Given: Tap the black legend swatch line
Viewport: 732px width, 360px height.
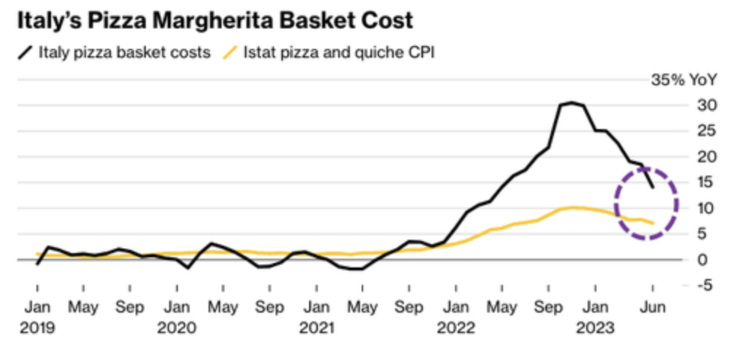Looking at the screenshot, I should pyautogui.click(x=26, y=52).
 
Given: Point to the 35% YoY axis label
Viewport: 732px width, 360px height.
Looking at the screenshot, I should pyautogui.click(x=678, y=80).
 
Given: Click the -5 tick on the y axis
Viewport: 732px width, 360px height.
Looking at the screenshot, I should pyautogui.click(x=705, y=284).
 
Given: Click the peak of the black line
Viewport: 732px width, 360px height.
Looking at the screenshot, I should pyautogui.click(x=572, y=103).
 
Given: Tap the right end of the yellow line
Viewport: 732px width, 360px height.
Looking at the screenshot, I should pyautogui.click(x=653, y=223).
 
